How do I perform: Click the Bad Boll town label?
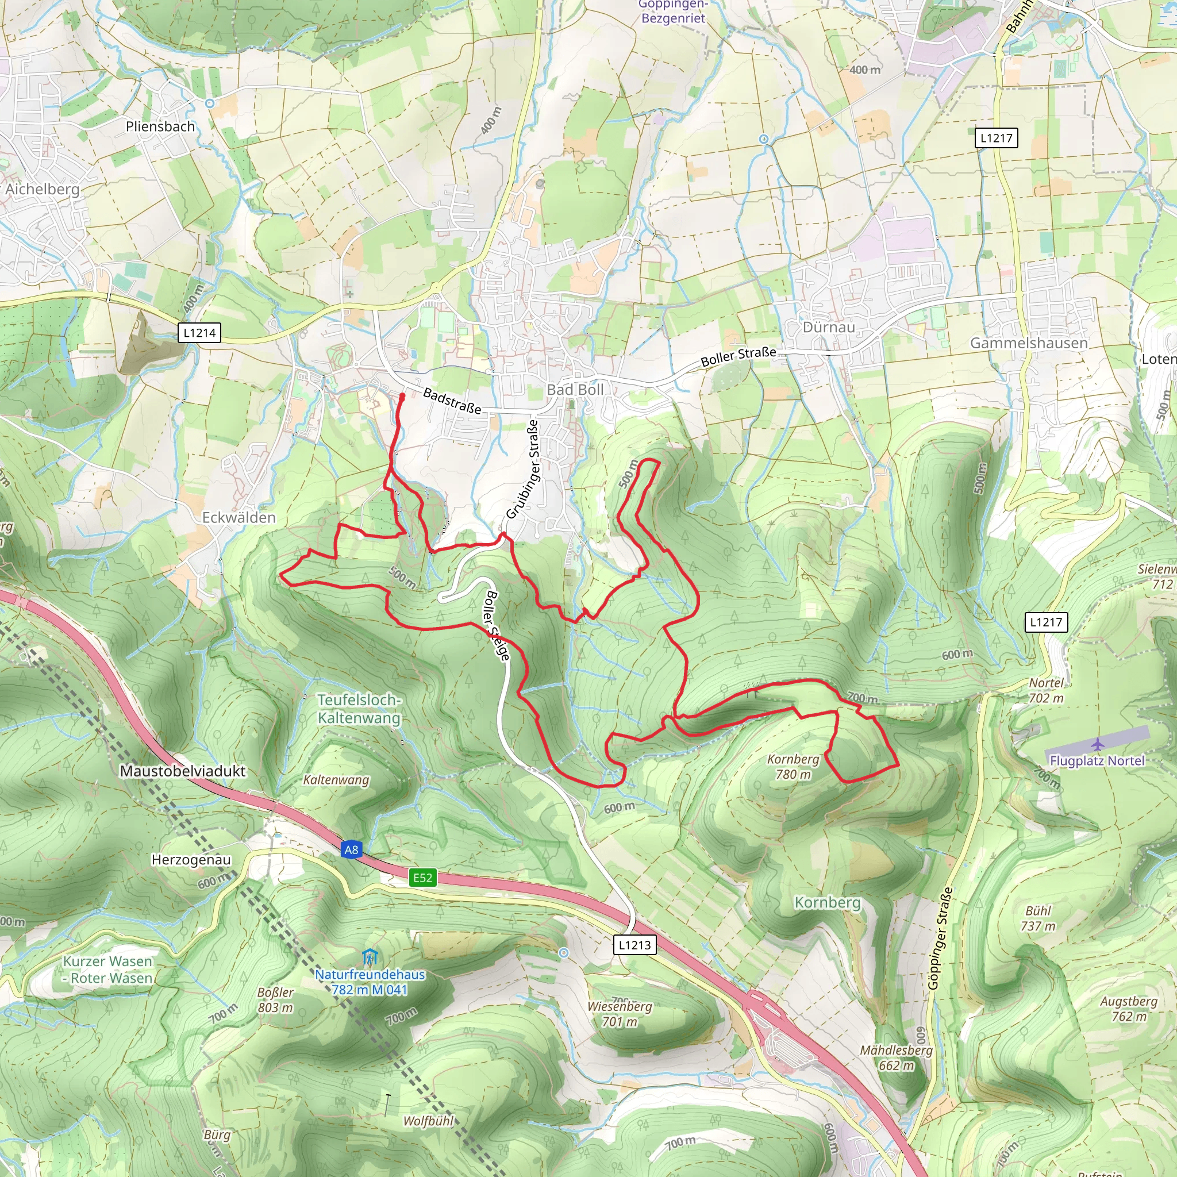[575, 389]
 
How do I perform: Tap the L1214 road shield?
[199, 333]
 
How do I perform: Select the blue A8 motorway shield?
[352, 850]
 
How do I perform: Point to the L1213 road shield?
[634, 945]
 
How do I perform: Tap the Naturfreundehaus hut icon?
[370, 956]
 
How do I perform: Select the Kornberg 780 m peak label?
[793, 767]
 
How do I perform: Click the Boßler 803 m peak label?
[275, 1000]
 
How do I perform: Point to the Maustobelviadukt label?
[183, 771]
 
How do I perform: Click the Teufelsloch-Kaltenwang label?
[359, 709]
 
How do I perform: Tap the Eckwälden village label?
[239, 517]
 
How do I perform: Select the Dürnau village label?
[829, 327]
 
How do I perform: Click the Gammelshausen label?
[1028, 343]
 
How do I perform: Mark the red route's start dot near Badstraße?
[402, 397]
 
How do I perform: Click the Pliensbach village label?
[160, 126]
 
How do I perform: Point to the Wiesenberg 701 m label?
[620, 1014]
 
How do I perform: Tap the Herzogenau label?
[191, 860]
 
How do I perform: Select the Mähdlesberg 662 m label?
[895, 1057]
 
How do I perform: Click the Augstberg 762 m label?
[1128, 1008]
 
